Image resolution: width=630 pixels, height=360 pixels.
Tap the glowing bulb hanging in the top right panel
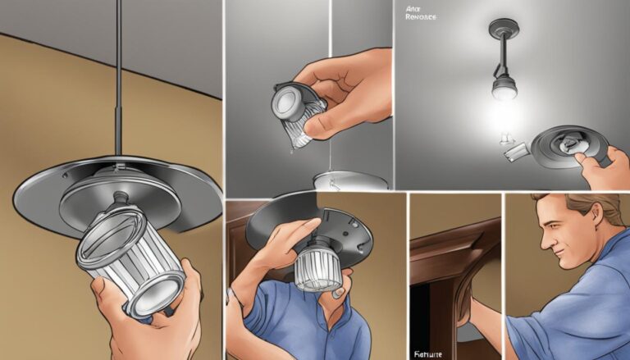[x=503, y=87]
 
